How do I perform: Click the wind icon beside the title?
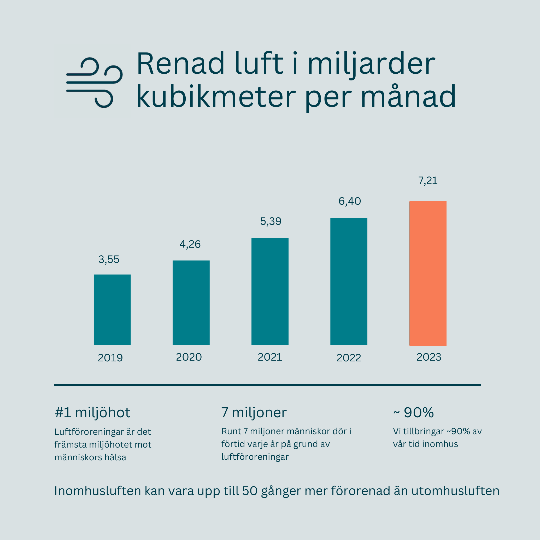[x=94, y=83]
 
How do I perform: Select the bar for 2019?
[x=112, y=309]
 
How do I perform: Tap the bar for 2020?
[x=191, y=302]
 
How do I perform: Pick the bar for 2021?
[x=270, y=291]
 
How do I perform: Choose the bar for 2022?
[x=349, y=281]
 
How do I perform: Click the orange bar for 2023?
[x=428, y=273]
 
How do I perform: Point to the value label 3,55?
[x=109, y=259]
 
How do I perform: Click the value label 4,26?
[x=190, y=244]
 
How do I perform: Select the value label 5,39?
[x=271, y=221]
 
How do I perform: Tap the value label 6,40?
[x=349, y=201]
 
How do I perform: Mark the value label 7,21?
[x=428, y=180]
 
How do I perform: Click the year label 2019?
[x=110, y=358]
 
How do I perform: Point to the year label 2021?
[x=270, y=357]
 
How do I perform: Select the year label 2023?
[x=429, y=357]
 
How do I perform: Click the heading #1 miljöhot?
[x=92, y=413]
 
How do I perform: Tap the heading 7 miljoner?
[x=254, y=413]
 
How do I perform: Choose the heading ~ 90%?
[x=413, y=413]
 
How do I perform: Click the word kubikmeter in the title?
[x=216, y=97]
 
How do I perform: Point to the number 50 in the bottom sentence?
[x=250, y=491]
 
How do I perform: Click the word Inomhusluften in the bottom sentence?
[x=98, y=491]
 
